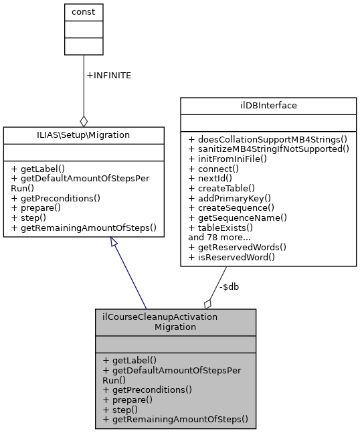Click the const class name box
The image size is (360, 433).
point(83,12)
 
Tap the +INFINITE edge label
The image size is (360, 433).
point(109,76)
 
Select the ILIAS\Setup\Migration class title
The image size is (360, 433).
point(84,135)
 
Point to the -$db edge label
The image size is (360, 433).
point(230,286)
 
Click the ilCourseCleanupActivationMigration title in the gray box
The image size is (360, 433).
point(175,321)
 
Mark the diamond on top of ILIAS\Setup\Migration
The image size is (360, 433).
point(84,121)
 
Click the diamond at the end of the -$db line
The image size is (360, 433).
point(208,303)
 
